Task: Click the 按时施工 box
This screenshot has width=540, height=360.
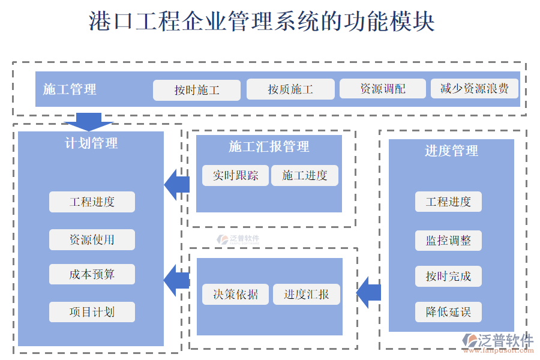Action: [197, 90]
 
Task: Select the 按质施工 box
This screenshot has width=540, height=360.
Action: [290, 89]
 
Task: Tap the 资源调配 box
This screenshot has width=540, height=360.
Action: [383, 89]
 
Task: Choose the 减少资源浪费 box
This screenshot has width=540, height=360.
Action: [475, 89]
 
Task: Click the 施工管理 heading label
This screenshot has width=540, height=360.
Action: [70, 89]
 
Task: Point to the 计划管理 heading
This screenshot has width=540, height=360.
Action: [91, 143]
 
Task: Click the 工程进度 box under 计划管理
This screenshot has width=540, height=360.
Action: [92, 202]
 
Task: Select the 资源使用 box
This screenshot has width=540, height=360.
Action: [92, 239]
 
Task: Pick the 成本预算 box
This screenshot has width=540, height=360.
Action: [92, 274]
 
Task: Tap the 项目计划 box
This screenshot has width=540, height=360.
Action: [92, 311]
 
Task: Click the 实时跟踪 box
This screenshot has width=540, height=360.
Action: [235, 175]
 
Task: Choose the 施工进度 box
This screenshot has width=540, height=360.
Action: [305, 175]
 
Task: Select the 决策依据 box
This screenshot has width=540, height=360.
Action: [235, 294]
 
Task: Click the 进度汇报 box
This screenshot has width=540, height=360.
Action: [307, 294]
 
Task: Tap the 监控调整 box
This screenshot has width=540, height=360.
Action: [448, 240]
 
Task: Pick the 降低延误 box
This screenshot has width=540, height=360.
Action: [448, 312]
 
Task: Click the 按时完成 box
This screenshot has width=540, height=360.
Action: [448, 276]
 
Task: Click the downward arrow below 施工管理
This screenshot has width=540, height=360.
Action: [88, 121]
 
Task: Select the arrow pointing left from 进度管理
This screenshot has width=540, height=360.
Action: [368, 293]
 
